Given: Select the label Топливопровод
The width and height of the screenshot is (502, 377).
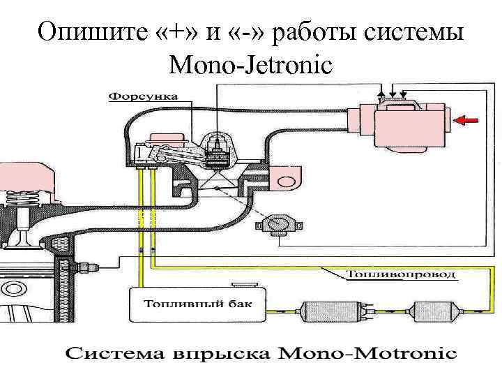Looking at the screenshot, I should [402, 274].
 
